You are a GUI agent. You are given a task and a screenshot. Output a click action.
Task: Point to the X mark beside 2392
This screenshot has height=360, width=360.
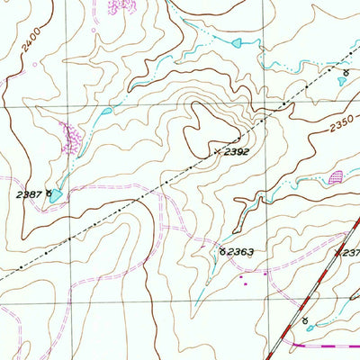pos(217,150)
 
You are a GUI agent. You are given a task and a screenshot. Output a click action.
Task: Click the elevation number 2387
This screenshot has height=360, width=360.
pos(28,193)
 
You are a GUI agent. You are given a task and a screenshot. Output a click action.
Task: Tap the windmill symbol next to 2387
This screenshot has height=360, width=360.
pos(49,192)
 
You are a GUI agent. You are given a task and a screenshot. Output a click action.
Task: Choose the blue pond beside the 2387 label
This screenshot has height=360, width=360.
pos(58,194)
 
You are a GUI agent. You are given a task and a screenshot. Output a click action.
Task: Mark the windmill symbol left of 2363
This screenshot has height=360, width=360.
pos(222,252)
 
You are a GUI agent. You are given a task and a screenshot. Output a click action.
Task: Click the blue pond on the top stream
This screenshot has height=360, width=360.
pos(237,42)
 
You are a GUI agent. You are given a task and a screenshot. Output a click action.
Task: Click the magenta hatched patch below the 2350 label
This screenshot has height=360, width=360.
pos(336,176)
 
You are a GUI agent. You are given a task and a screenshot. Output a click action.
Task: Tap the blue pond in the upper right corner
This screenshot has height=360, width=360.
pos(343,81)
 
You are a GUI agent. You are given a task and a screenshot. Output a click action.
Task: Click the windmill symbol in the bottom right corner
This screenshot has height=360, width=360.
pos(306,321)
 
